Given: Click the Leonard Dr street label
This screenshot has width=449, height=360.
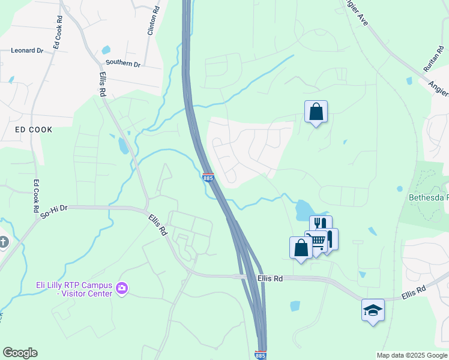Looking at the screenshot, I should [x=27, y=51].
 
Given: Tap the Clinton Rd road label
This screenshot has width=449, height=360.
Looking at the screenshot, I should [x=152, y=21].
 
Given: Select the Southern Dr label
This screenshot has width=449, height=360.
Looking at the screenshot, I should [x=122, y=63].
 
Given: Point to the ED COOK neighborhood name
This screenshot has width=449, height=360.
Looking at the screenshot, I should [x=34, y=130].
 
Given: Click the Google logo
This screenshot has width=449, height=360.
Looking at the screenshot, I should [x=20, y=353].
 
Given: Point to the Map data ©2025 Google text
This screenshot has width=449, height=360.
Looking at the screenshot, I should [x=411, y=355].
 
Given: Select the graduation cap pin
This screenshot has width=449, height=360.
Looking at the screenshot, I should [x=373, y=310].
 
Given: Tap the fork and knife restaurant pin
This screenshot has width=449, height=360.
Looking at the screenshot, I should [x=321, y=226].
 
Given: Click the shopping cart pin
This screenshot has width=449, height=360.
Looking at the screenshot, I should [x=316, y=241].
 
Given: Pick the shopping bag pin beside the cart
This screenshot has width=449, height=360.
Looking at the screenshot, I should [x=301, y=247].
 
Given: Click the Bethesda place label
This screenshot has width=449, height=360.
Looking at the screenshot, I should [x=429, y=197].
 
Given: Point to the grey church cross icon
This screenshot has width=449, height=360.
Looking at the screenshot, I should [x=3, y=242].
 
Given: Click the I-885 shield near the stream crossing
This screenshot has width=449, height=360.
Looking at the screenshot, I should [x=208, y=178].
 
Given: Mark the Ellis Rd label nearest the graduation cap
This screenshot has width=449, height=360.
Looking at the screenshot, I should [x=413, y=293].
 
